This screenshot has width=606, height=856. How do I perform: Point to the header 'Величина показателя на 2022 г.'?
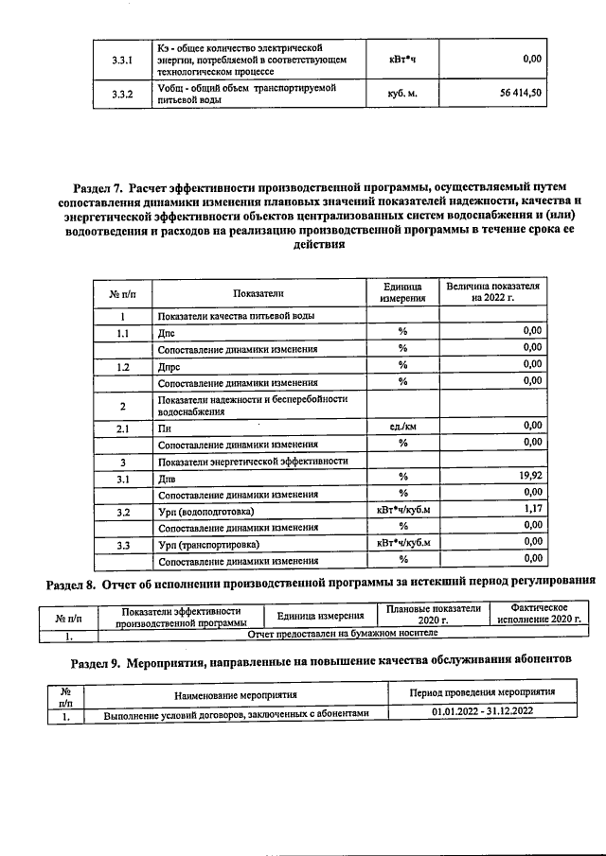492,292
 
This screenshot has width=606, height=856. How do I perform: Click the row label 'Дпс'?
167,332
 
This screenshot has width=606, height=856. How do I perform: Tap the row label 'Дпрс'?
169,365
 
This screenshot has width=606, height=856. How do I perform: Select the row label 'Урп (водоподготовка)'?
205,512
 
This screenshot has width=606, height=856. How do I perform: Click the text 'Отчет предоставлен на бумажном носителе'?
342,632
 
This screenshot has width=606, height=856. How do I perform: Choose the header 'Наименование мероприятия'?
235,695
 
